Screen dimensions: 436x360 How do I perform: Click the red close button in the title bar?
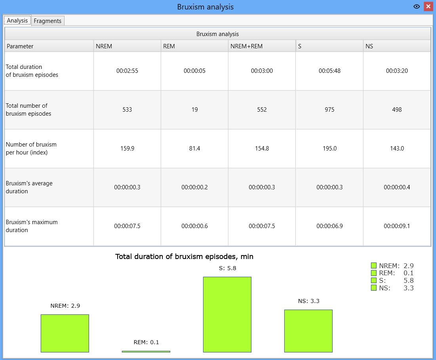pyautogui.click(x=428, y=6)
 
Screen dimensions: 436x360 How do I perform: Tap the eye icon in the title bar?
pyautogui.click(x=417, y=6)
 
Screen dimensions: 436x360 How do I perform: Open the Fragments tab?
pyautogui.click(x=48, y=21)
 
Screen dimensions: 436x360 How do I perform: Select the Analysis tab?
pyautogui.click(x=17, y=20)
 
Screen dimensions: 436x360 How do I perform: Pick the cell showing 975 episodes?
pyautogui.click(x=329, y=110)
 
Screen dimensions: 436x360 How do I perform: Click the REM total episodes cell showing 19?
pyautogui.click(x=195, y=110)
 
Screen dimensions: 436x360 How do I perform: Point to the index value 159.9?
pyautogui.click(x=128, y=149)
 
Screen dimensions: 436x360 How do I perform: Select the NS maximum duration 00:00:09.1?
pyautogui.click(x=397, y=226)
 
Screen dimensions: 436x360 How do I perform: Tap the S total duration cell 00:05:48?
pyautogui.click(x=329, y=71)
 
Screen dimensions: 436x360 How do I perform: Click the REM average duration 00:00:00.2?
pyautogui.click(x=195, y=187)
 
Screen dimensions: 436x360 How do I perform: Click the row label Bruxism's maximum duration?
pyautogui.click(x=32, y=226)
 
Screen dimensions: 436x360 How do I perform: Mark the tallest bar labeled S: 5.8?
pyautogui.click(x=227, y=314)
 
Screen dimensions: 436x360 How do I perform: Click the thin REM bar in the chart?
pyautogui.click(x=146, y=352)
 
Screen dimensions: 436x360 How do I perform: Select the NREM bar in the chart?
pyautogui.click(x=65, y=333)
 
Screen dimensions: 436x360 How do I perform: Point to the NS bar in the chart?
pyautogui.click(x=308, y=331)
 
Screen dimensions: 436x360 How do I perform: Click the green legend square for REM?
pyautogui.click(x=374, y=273)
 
